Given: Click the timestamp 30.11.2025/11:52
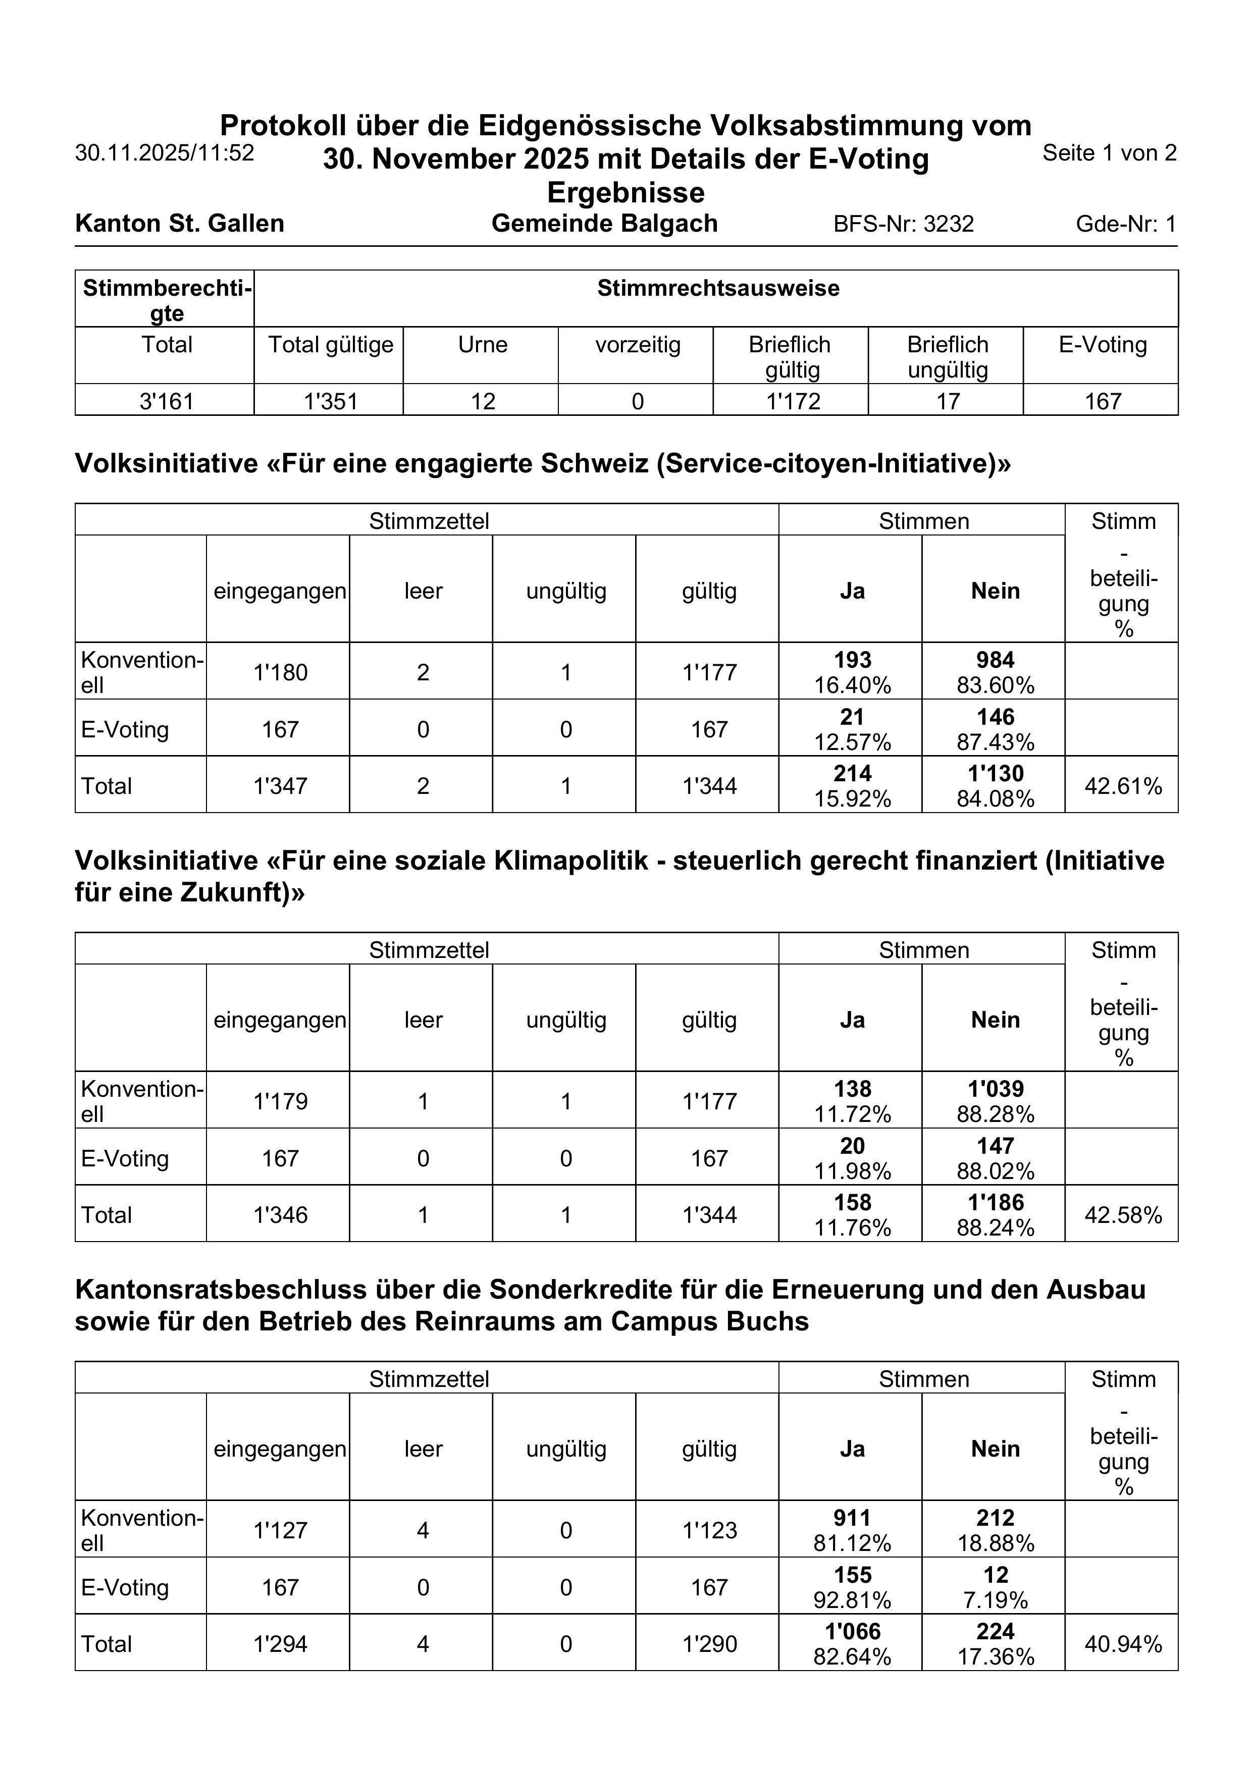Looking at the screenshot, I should pyautogui.click(x=164, y=152).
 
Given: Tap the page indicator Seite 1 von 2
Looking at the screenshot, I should pyautogui.click(x=1109, y=152).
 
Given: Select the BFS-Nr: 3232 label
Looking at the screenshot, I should pyautogui.click(x=904, y=224).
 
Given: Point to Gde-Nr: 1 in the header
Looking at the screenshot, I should pyautogui.click(x=1126, y=224).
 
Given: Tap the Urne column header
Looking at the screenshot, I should pyautogui.click(x=483, y=345).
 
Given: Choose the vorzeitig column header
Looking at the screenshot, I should pyautogui.click(x=638, y=345).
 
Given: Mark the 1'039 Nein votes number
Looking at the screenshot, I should pyautogui.click(x=995, y=1089).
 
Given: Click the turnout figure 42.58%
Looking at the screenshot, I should pyautogui.click(x=1123, y=1215).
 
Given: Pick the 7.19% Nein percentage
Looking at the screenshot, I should pyautogui.click(x=995, y=1600).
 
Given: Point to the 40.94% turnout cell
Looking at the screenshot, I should pyautogui.click(x=1123, y=1644).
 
